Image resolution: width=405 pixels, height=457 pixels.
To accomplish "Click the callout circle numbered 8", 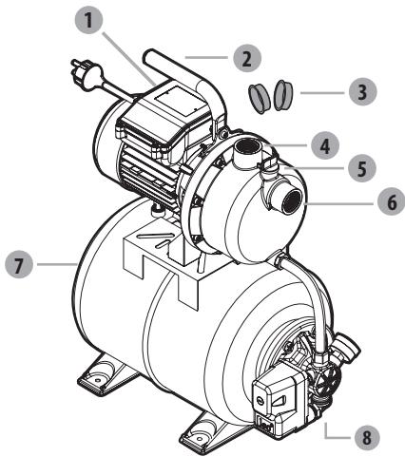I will [x=362, y=439].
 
